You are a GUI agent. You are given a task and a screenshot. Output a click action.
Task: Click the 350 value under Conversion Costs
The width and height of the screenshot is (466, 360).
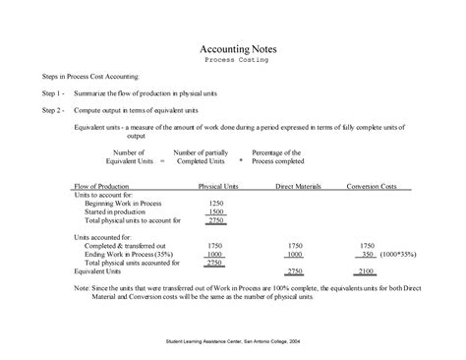point(368,254)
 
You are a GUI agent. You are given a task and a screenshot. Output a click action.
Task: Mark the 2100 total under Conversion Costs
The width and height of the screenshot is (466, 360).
point(366,270)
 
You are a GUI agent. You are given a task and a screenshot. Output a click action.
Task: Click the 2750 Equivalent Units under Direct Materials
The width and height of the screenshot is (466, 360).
point(293,270)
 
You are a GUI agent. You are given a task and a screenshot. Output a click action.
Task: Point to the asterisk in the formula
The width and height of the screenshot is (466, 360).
point(241,160)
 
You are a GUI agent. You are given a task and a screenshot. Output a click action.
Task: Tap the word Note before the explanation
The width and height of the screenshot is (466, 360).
point(81,288)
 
